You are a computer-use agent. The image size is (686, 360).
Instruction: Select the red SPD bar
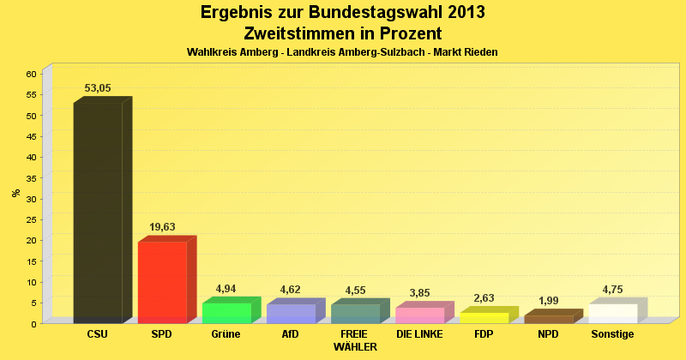162,282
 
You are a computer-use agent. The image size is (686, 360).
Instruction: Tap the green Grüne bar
226,313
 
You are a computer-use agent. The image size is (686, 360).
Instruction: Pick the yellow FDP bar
484,318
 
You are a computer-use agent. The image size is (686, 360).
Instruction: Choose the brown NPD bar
549,319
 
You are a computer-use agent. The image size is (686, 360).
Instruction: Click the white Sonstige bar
613,313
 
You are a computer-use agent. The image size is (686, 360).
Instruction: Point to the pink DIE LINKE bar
419,315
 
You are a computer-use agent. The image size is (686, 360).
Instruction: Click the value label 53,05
98,88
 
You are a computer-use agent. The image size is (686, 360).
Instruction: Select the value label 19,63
162,227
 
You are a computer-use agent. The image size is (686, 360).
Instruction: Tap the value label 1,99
549,301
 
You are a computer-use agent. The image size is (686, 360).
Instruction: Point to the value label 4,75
613,289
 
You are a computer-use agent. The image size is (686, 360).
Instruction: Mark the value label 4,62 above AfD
291,290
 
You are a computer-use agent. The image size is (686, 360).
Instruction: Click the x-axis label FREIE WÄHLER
354,340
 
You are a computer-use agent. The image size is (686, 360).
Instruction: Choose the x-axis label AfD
291,334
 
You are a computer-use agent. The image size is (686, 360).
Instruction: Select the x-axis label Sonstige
612,334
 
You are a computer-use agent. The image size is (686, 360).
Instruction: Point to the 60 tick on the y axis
30,74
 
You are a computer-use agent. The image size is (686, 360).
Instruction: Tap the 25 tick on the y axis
30,219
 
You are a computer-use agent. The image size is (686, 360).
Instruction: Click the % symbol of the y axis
15,193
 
